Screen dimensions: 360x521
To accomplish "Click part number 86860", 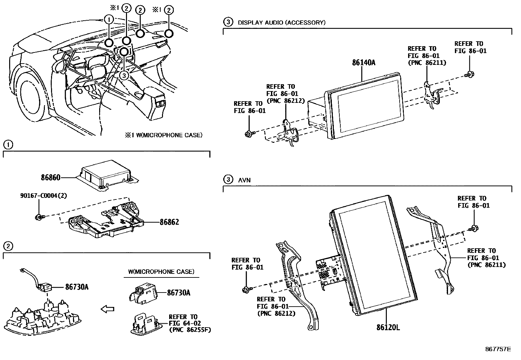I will pos(50,178).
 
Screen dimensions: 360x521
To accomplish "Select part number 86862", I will pos(169,222).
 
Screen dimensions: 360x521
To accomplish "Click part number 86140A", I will pos(364,63).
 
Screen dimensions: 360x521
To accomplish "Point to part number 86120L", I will pos(388,327).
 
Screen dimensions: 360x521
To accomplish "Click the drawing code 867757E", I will pos(498,349).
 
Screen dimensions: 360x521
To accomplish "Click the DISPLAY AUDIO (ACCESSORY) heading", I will pos(281,23).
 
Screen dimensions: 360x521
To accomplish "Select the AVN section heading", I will pos(244,180).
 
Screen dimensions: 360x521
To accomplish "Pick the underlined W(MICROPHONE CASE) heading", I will pos(161,272).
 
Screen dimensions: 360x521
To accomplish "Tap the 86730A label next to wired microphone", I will pos(77,287).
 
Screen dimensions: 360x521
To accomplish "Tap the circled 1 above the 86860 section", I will pos(8,144).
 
